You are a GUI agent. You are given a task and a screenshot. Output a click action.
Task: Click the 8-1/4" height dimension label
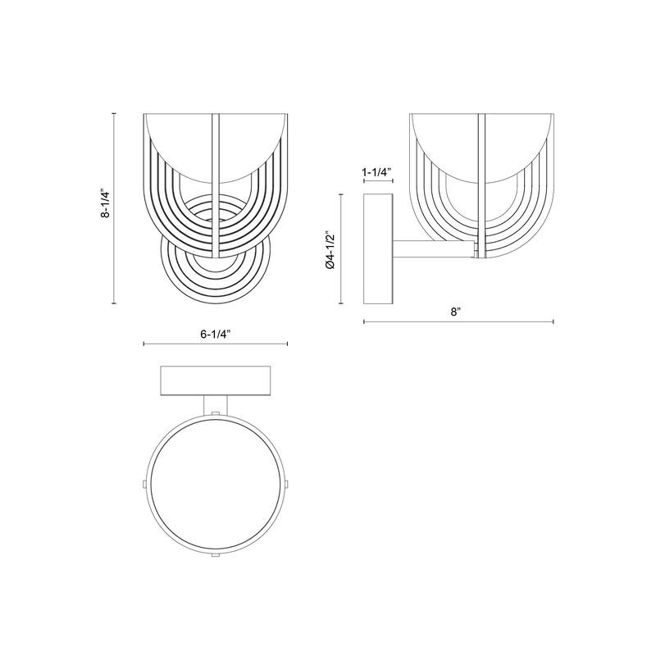[106, 204]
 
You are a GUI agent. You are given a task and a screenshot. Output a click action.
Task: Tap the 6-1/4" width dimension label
[216, 334]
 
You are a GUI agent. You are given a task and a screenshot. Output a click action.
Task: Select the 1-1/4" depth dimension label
[376, 171]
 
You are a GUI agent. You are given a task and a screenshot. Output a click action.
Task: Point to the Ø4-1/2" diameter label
[330, 249]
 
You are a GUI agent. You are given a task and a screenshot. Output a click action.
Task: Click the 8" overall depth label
[456, 312]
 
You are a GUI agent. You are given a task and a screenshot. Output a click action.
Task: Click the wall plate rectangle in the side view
[378, 249]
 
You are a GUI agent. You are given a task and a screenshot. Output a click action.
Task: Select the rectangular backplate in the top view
[216, 380]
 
